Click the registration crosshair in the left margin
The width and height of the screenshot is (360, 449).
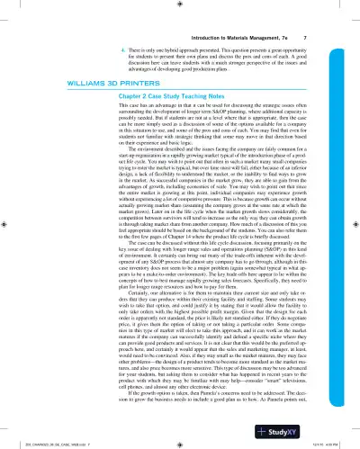tap(6, 224)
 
